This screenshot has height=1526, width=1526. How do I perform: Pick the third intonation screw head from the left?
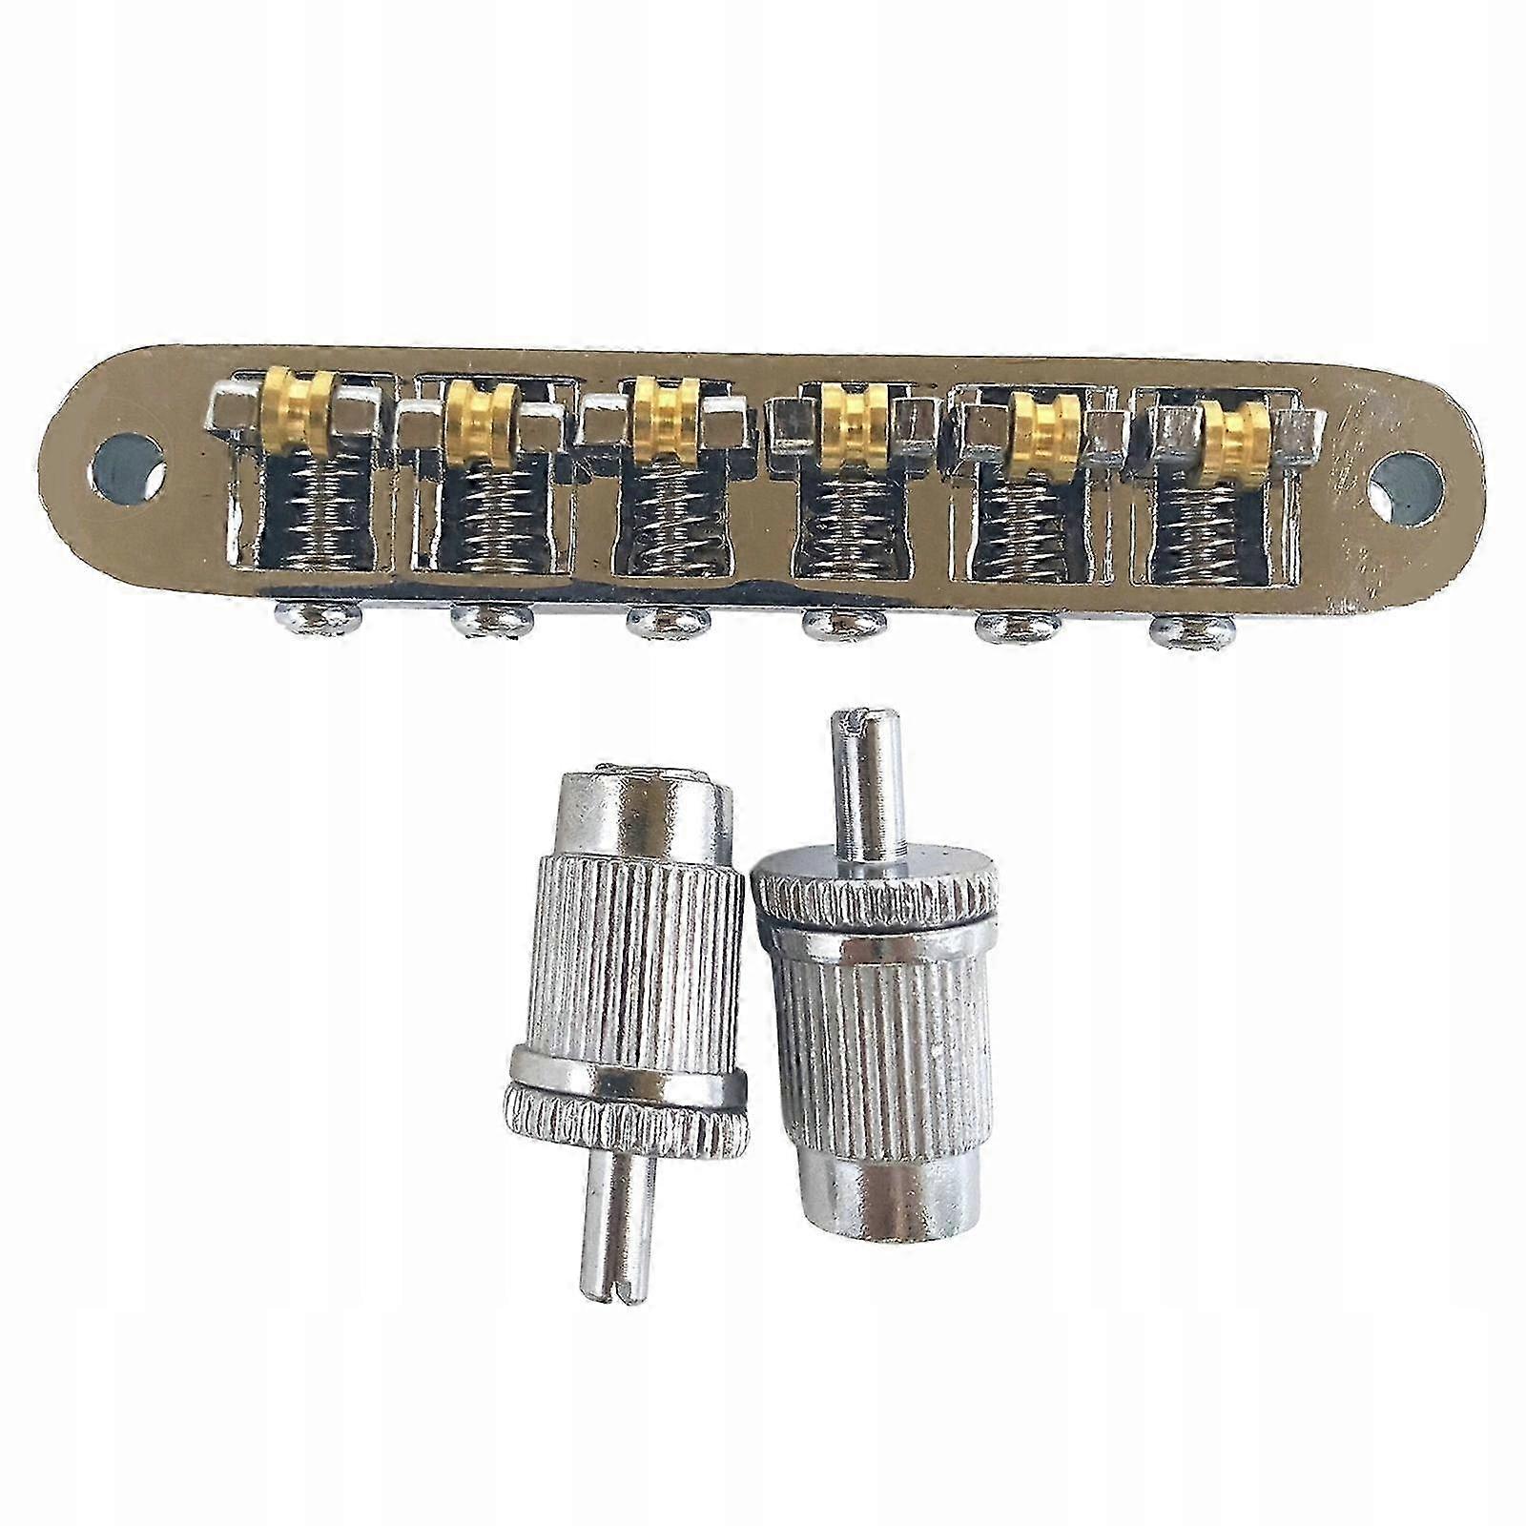click(660, 624)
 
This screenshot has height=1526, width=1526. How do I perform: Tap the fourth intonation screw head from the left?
click(838, 626)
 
